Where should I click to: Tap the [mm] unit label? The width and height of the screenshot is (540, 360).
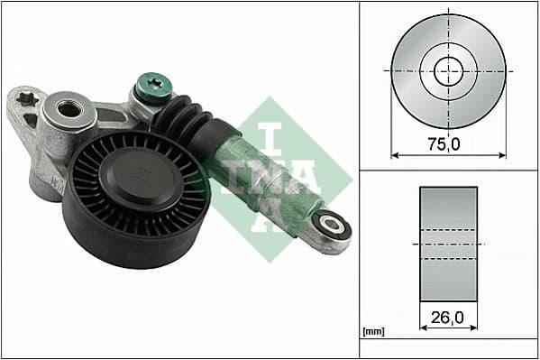pos(372,332)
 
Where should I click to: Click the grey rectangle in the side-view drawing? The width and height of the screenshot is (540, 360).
pos(448,244)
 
